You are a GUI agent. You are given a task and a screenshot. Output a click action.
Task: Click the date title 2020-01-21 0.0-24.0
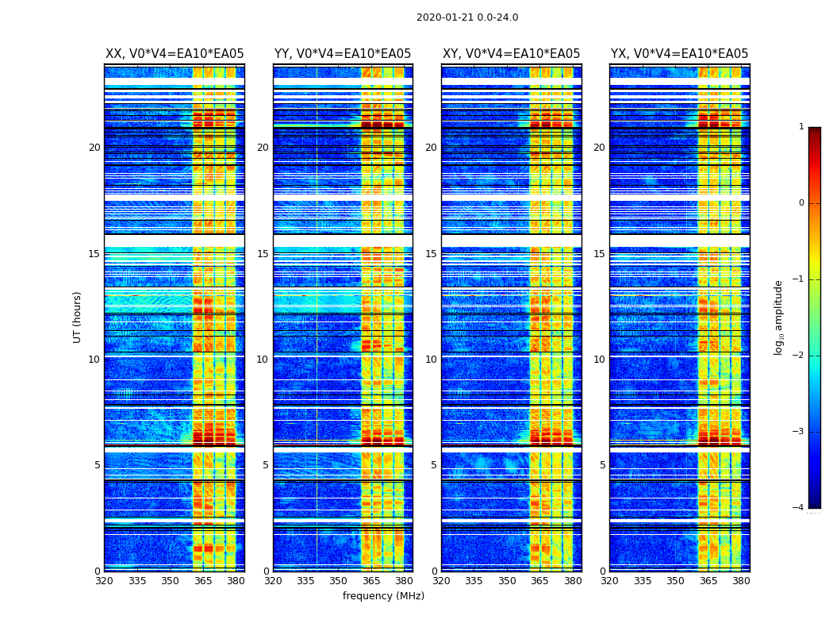(x=467, y=17)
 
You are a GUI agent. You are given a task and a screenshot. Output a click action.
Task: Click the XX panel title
(x=175, y=54)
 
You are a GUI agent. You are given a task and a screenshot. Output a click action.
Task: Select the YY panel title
(x=343, y=54)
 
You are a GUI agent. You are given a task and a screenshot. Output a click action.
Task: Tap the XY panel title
(x=511, y=54)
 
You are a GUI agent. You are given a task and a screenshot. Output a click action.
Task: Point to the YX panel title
(x=679, y=54)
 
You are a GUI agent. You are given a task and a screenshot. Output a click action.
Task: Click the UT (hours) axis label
(x=78, y=317)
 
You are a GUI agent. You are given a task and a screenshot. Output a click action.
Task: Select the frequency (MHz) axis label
(x=383, y=596)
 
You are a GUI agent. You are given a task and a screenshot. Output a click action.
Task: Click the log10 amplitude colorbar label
(x=779, y=317)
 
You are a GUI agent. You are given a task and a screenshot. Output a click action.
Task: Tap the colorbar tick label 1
(x=801, y=127)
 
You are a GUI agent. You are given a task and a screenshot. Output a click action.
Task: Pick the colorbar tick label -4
(x=799, y=508)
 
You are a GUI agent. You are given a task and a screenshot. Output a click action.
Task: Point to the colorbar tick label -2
(x=799, y=356)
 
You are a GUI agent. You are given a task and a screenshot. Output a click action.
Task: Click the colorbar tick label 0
(x=801, y=203)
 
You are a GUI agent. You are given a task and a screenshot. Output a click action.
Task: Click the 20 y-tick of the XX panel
(x=94, y=148)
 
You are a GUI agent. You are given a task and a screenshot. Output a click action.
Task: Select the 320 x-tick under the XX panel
(x=105, y=581)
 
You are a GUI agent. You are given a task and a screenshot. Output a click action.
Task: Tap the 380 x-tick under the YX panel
(x=741, y=581)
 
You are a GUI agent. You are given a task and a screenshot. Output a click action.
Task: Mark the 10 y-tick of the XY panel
(x=431, y=360)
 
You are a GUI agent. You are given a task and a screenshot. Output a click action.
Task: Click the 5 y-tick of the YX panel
(x=602, y=465)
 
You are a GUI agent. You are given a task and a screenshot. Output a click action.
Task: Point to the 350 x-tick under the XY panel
(x=507, y=581)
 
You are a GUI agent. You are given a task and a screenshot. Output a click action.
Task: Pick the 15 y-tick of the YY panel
(x=263, y=254)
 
